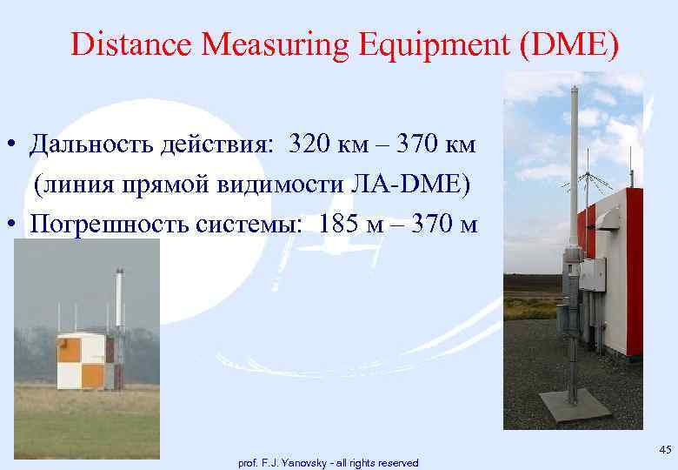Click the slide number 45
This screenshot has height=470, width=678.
click(666, 449)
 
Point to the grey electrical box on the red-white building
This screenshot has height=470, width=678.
click(594, 275)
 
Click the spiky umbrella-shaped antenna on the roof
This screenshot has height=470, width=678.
click(595, 184)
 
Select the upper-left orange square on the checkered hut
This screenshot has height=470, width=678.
click(69, 349)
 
